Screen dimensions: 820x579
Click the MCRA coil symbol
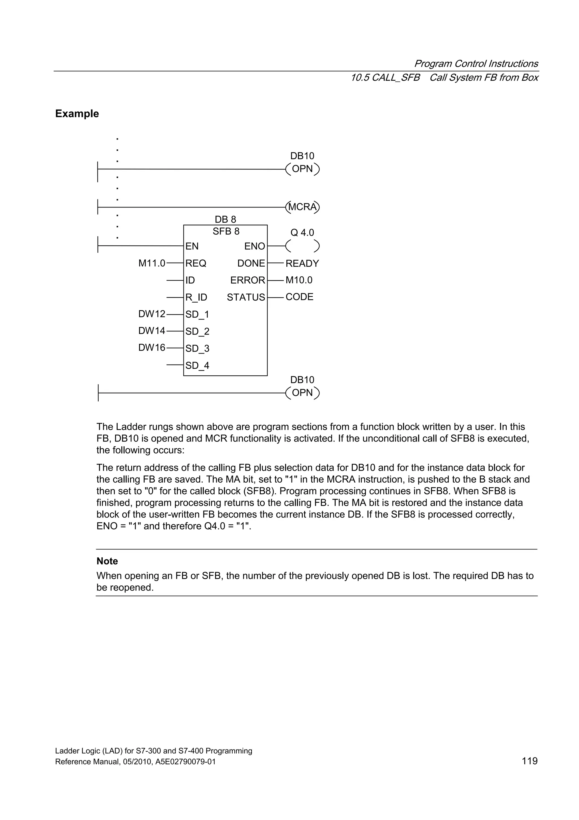point(303,207)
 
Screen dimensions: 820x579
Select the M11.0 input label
point(152,263)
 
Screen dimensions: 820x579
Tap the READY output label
point(302,263)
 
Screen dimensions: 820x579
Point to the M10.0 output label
point(299,280)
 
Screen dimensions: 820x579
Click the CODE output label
point(299,297)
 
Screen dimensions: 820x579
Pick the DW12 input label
point(152,314)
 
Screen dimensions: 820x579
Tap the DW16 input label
point(152,348)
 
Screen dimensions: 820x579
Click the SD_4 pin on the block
point(197,365)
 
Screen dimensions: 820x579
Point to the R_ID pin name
point(196,297)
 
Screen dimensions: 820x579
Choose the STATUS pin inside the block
point(246,297)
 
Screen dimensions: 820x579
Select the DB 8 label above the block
point(225,219)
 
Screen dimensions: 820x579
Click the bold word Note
point(107,561)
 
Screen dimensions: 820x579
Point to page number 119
point(530,761)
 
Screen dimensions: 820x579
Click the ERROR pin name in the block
point(248,280)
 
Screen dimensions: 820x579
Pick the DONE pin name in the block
point(251,263)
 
